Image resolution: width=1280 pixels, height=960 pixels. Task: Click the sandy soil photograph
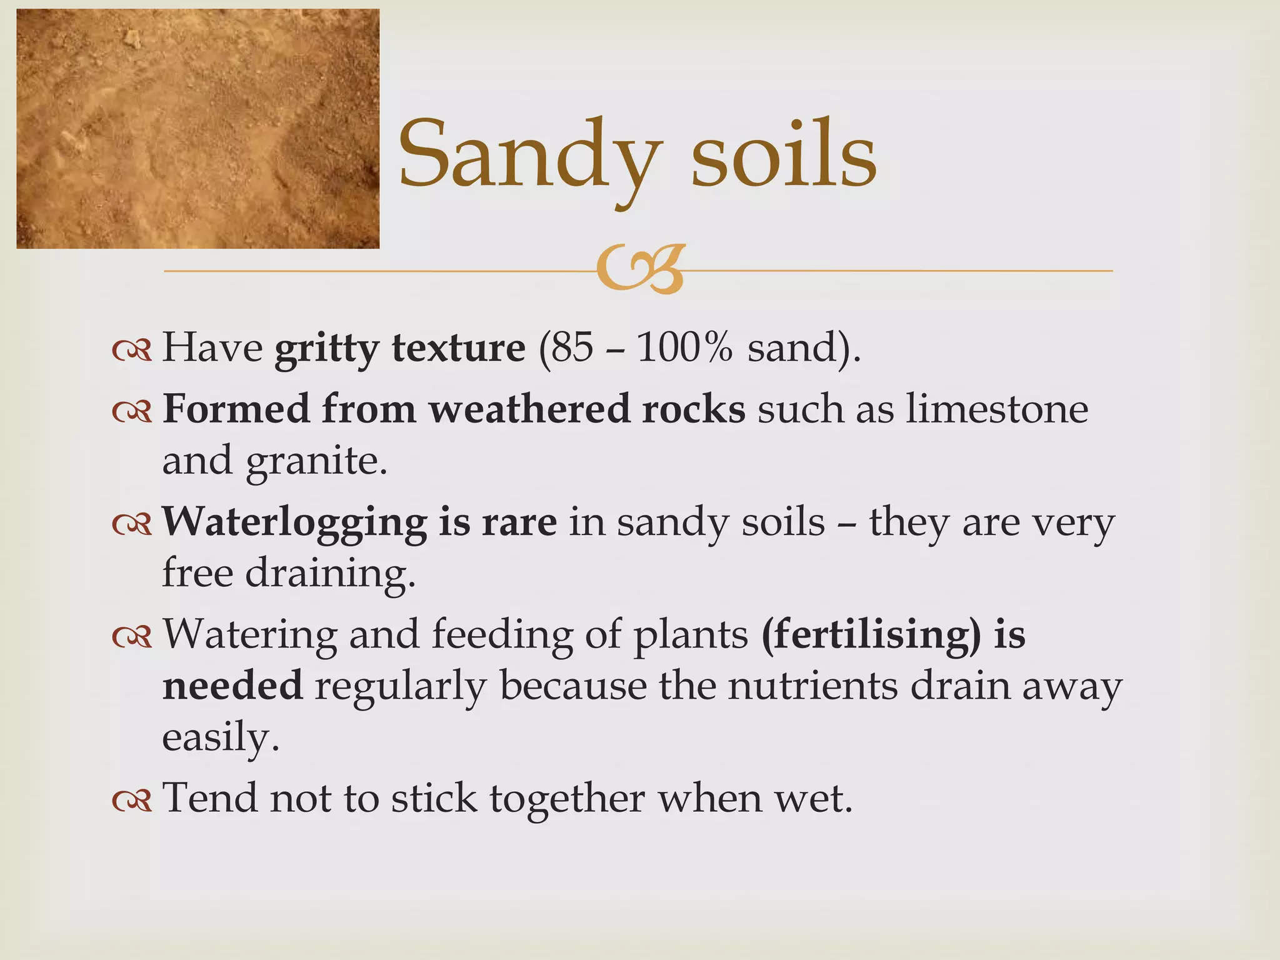(197, 129)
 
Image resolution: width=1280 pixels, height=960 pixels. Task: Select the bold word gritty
(326, 349)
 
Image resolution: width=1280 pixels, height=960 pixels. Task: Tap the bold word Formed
(236, 409)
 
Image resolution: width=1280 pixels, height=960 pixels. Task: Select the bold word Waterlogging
(294, 522)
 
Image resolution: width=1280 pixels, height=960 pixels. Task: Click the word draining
(329, 574)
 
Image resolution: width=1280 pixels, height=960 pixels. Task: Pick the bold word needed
(232, 686)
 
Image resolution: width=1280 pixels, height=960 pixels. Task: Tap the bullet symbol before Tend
(132, 801)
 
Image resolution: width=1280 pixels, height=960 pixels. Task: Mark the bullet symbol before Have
(132, 351)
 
